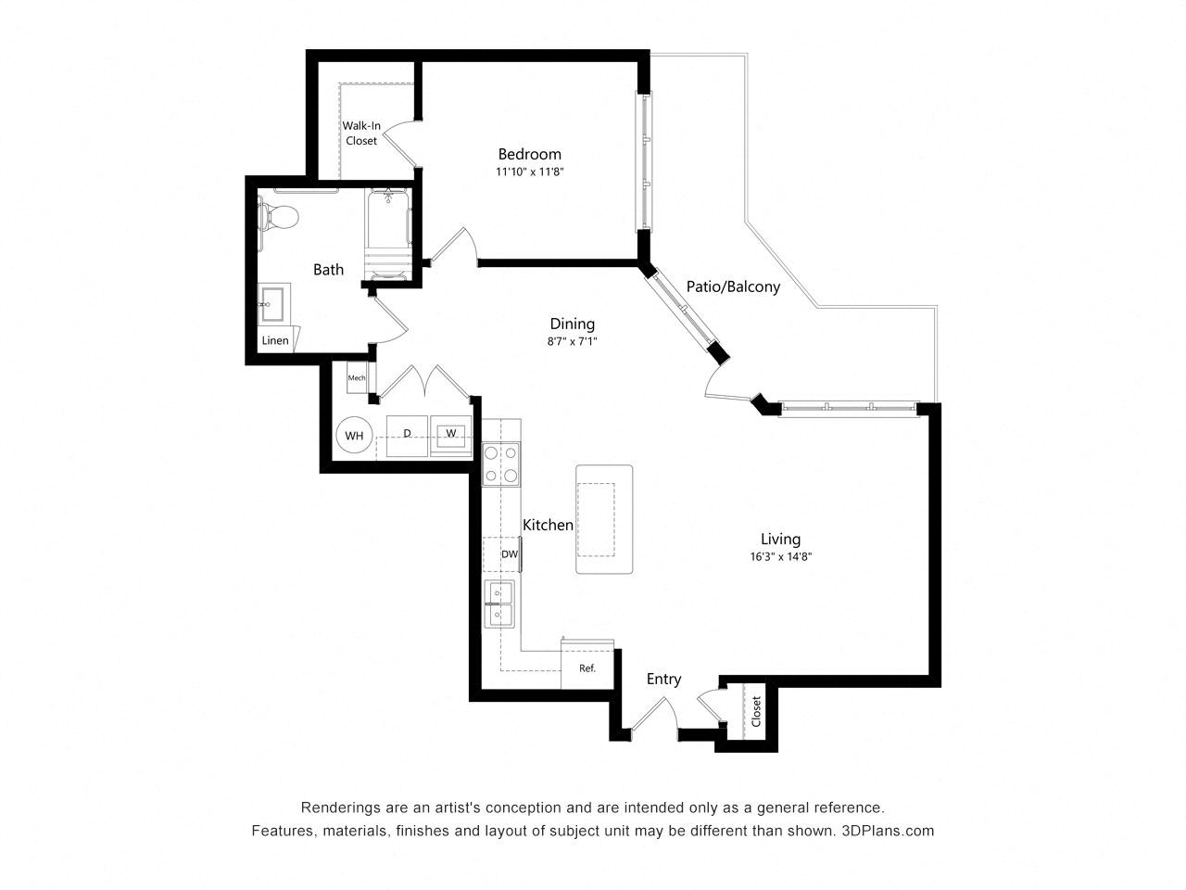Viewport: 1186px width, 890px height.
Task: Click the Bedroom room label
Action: pyautogui.click(x=529, y=155)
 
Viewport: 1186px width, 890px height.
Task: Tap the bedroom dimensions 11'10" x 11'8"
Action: pyautogui.click(x=529, y=172)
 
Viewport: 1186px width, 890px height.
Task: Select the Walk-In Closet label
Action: pyautogui.click(x=361, y=133)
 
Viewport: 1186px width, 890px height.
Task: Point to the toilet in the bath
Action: pyautogui.click(x=278, y=217)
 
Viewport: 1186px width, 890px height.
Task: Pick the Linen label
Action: pyautogui.click(x=275, y=340)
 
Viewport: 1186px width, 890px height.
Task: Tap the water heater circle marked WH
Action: pyautogui.click(x=354, y=435)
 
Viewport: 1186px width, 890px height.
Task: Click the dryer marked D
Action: pyautogui.click(x=407, y=436)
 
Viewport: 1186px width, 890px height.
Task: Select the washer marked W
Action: pyautogui.click(x=450, y=436)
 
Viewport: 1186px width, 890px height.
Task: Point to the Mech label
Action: pyautogui.click(x=356, y=377)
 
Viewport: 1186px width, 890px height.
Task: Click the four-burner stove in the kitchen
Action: pyautogui.click(x=501, y=464)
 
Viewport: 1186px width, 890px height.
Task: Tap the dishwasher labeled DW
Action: pyautogui.click(x=501, y=553)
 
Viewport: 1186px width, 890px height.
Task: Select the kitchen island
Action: pyautogui.click(x=603, y=519)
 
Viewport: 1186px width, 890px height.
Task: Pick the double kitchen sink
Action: pyautogui.click(x=498, y=604)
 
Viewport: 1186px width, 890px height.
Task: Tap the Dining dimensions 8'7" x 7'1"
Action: pyautogui.click(x=572, y=341)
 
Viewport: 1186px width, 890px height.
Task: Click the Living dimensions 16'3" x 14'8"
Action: pyautogui.click(x=781, y=556)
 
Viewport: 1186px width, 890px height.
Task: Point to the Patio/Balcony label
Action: pyautogui.click(x=733, y=286)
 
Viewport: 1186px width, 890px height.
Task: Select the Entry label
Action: pyautogui.click(x=663, y=680)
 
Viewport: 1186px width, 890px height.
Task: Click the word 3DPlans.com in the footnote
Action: pyautogui.click(x=888, y=831)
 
